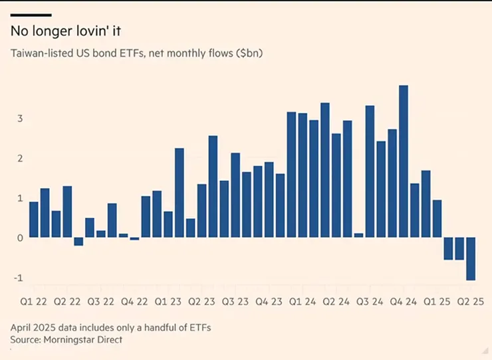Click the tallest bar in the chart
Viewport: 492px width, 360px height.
(404, 161)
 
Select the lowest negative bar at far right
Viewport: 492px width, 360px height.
(471, 259)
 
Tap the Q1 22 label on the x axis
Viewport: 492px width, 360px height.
(33, 302)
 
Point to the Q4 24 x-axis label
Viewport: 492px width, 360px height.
(403, 302)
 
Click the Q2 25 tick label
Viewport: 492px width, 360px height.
(470, 302)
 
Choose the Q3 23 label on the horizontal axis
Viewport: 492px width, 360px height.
(235, 302)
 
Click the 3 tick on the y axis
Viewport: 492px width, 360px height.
(20, 118)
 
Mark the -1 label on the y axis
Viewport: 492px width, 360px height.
(18, 278)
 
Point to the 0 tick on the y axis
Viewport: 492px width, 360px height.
(20, 238)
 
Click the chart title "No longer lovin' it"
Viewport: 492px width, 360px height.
(66, 31)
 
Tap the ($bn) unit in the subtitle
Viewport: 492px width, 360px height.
(248, 53)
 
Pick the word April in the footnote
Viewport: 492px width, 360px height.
(21, 327)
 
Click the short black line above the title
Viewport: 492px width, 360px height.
(31, 15)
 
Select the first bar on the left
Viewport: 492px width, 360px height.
(33, 219)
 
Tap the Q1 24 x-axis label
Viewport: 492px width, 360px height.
(302, 302)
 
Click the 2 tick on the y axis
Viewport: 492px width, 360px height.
(20, 158)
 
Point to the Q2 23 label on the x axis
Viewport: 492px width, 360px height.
(201, 302)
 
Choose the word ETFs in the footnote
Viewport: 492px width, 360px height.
(200, 327)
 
